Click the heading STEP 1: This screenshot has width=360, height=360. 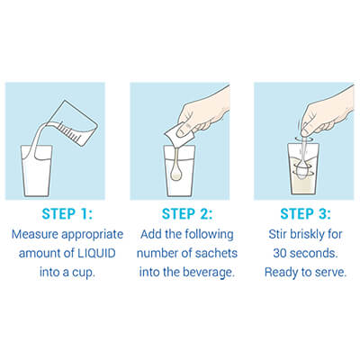click(67, 214)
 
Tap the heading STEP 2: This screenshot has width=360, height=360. click(187, 214)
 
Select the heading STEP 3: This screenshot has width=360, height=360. click(305, 214)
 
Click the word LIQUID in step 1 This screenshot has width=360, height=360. click(96, 253)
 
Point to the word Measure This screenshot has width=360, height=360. click(34, 234)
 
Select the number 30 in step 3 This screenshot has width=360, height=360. click(280, 253)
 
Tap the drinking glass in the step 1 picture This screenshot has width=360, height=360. click(37, 171)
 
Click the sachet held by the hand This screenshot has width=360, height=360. click(179, 134)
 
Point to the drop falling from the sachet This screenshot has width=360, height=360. click(175, 174)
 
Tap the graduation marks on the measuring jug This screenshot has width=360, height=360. click(68, 130)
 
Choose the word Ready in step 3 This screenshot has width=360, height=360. click(280, 273)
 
